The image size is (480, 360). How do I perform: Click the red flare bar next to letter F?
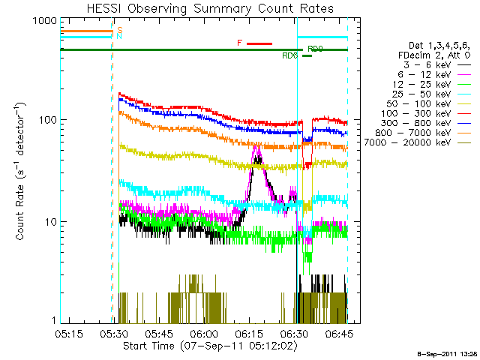point(259,43)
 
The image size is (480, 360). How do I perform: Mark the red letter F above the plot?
point(239,43)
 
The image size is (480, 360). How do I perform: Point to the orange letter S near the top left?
point(120,28)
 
